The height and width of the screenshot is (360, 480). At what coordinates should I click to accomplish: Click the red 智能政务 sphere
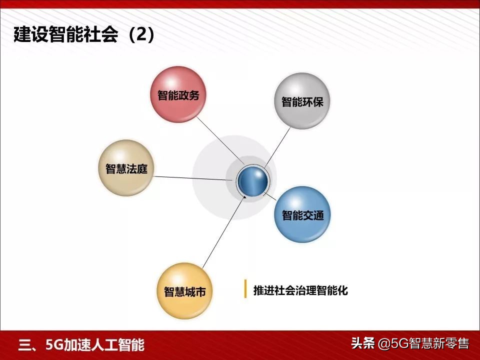pos(178,94)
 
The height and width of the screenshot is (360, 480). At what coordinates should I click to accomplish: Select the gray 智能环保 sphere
pos(302,100)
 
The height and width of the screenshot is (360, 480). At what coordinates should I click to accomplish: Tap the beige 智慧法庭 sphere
pos(125,168)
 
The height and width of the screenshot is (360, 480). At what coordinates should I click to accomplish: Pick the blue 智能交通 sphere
pos(302,214)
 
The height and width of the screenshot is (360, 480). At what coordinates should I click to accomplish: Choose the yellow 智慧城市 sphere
pos(184,291)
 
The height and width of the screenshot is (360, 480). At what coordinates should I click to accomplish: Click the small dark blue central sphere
pos(252,180)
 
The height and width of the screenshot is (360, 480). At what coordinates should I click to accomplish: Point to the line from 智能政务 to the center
pos(220,139)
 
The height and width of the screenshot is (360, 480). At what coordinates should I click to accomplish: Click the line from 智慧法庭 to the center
pos(195,177)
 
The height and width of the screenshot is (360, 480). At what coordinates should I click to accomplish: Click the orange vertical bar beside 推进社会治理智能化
pos(245,289)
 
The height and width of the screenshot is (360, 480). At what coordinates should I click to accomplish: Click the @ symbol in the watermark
pos(382,344)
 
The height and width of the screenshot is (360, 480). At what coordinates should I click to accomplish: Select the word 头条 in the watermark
pos(363,344)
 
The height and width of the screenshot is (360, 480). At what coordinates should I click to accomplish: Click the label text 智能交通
pos(302,216)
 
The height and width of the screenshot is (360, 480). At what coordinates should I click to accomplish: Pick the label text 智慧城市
pos(184,292)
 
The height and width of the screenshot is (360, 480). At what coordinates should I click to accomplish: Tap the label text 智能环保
pos(302,102)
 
